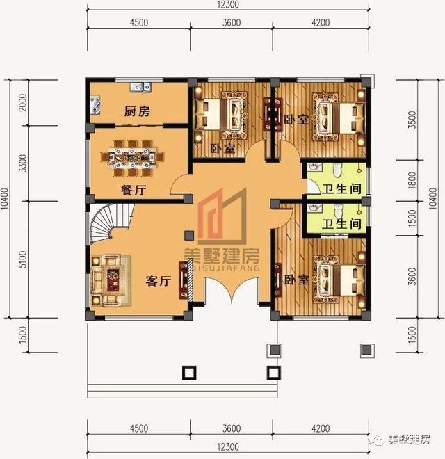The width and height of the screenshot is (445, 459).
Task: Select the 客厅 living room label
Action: tap(158, 281)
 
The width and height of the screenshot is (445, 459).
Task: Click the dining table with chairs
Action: tap(136, 155)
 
